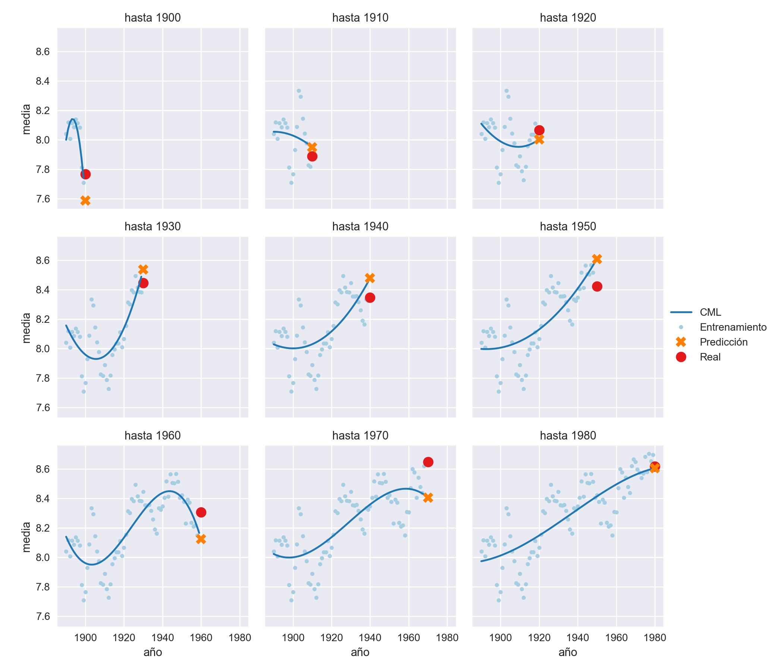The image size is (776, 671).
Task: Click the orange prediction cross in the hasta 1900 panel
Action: pos(85,201)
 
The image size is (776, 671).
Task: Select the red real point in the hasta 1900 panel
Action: pos(85,174)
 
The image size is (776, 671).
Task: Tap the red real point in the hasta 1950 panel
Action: pos(597,286)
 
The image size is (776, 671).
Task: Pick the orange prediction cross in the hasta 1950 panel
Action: pos(597,259)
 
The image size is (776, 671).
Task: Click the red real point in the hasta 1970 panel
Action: pos(428,462)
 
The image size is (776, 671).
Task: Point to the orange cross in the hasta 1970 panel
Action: pos(428,498)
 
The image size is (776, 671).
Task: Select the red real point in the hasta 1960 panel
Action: pos(201,512)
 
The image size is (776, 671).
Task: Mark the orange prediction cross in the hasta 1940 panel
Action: pos(370,278)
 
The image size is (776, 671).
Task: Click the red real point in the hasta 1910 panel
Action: pos(312,157)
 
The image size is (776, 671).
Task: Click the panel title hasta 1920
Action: pos(568,18)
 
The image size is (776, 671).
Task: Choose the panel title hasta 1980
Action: pos(568,435)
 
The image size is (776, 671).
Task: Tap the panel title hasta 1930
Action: pos(153,227)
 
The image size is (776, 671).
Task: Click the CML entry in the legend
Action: pos(710,312)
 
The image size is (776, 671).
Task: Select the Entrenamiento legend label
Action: pos(733,327)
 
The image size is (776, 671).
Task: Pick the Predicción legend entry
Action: pos(723,342)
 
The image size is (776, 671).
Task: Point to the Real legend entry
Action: pos(710,357)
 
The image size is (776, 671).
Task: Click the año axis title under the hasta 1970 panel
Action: pos(360,653)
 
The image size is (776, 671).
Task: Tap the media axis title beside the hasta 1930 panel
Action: pos(26,328)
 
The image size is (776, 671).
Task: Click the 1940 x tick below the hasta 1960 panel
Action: pos(163,638)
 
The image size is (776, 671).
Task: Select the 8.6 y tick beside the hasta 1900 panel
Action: pos(43,52)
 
